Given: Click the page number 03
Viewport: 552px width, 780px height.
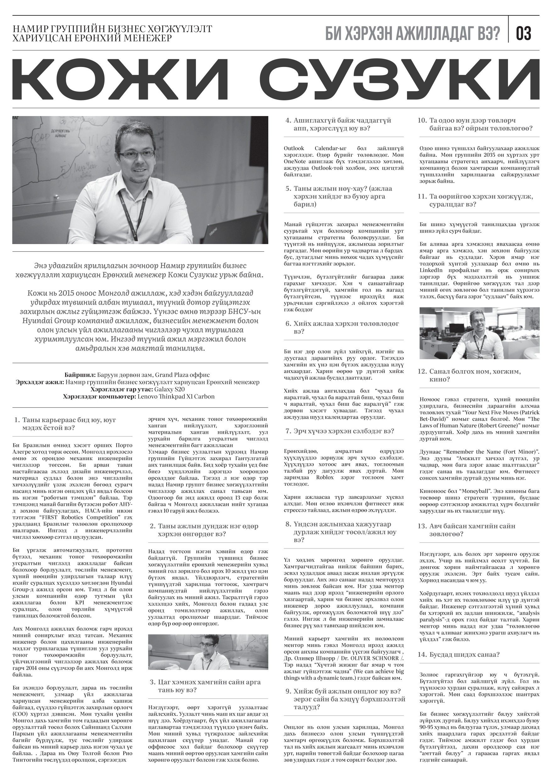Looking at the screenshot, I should pyautogui.click(x=523, y=34).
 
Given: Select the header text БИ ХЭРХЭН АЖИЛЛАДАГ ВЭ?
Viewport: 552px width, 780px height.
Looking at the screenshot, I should pyautogui.click(x=413, y=34).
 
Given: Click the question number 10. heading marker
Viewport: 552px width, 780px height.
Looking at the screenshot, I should pyautogui.click(x=422, y=120).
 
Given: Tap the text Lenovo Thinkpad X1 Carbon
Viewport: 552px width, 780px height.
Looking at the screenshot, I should pyautogui.click(x=176, y=396).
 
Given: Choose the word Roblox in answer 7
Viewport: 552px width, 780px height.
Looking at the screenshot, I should pyautogui.click(x=325, y=477).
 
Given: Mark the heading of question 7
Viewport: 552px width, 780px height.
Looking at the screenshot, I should pyautogui.click(x=340, y=431).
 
